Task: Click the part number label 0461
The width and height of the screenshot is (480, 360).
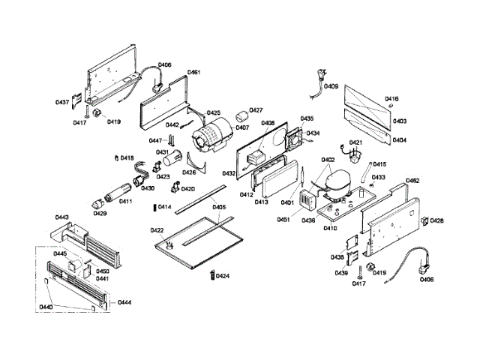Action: click(193, 73)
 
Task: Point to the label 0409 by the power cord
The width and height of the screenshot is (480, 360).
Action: click(331, 86)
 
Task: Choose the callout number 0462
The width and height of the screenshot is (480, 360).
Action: click(412, 181)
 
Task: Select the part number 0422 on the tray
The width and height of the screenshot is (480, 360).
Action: click(157, 229)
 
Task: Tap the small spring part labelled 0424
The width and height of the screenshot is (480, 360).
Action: click(211, 276)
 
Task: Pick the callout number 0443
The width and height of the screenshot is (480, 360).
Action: click(62, 217)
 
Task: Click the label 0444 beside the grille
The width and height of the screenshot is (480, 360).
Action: click(124, 302)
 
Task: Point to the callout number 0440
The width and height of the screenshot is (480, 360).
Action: click(46, 307)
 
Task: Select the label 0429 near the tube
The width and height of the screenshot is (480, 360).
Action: click(100, 213)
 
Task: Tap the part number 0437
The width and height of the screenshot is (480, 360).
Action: click(62, 102)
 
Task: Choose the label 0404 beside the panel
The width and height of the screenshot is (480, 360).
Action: click(400, 140)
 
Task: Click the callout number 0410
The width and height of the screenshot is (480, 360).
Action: click(329, 228)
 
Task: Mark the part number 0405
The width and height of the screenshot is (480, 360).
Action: click(218, 207)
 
